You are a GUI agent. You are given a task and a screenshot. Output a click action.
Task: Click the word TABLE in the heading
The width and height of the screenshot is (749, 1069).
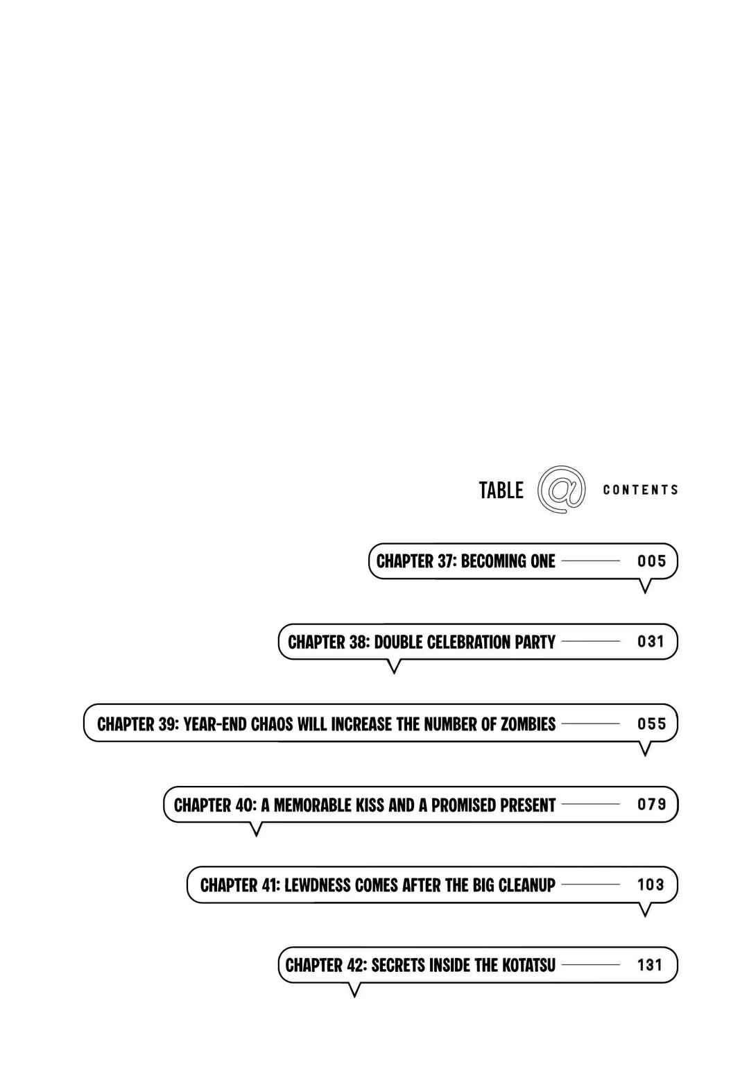click(x=501, y=490)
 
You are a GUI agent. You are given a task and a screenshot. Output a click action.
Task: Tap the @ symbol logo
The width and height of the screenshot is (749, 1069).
click(x=562, y=489)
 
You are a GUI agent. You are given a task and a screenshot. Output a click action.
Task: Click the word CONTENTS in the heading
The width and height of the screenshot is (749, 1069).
click(x=640, y=490)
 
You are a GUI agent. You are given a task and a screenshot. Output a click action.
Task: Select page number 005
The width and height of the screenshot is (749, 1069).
click(x=651, y=561)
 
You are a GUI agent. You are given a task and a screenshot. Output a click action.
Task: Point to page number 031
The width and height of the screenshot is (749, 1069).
click(x=651, y=642)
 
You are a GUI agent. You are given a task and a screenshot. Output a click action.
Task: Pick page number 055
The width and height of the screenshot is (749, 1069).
click(x=651, y=724)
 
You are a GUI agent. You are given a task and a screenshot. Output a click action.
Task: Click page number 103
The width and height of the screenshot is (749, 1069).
click(x=651, y=884)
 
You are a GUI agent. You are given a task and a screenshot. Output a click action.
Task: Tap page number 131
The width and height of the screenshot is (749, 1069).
click(x=650, y=965)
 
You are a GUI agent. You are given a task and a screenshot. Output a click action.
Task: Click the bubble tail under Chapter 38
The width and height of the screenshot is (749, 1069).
click(x=394, y=666)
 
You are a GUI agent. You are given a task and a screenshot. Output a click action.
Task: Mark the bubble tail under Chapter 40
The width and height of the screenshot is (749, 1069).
click(x=256, y=829)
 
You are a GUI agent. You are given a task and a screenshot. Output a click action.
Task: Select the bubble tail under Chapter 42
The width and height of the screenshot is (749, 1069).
click(x=354, y=990)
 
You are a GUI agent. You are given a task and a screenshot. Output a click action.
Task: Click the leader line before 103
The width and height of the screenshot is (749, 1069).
click(x=591, y=884)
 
